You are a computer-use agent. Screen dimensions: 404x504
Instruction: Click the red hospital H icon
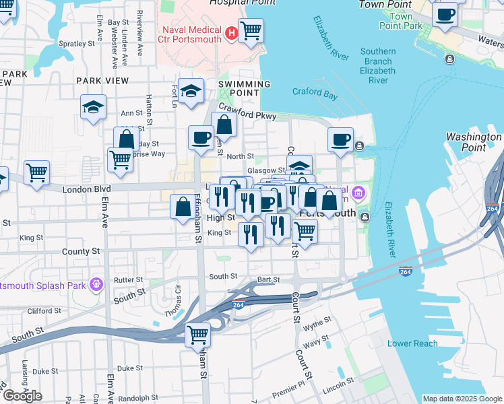[x=232, y=32]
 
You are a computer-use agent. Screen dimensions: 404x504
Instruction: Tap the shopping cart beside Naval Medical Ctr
[x=251, y=30]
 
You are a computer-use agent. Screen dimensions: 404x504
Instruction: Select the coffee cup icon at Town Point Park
[x=445, y=13]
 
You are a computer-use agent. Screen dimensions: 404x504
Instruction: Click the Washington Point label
[x=474, y=142]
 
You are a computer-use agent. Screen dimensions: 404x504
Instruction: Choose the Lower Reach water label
[x=412, y=343]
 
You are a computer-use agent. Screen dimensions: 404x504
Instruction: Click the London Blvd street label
[x=86, y=190]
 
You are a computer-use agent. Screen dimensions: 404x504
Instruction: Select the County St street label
[x=84, y=251]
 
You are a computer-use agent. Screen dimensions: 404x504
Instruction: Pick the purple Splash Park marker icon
[x=96, y=285]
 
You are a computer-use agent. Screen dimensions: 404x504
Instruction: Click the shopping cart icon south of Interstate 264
[x=198, y=334]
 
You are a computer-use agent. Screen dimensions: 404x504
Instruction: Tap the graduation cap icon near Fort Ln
[x=191, y=91]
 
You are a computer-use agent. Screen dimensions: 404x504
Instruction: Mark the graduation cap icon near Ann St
[x=93, y=106]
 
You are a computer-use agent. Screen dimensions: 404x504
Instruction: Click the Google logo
[x=23, y=396]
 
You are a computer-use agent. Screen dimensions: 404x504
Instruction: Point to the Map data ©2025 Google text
[x=462, y=399]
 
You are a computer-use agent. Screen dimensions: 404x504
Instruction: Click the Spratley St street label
[x=76, y=44]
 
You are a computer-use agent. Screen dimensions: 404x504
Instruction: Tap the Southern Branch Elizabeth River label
[x=377, y=65]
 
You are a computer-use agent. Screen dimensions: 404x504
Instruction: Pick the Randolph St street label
[x=139, y=397]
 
